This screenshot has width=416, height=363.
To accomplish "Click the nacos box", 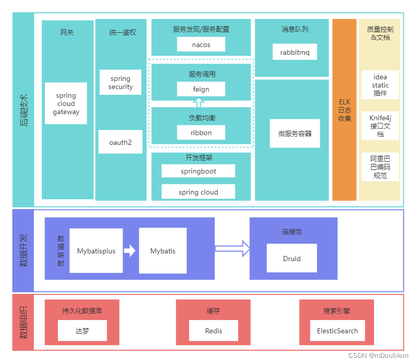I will click(x=201, y=45).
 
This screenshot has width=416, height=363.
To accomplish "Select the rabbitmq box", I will click(x=295, y=52).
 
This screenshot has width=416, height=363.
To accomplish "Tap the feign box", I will click(x=201, y=89).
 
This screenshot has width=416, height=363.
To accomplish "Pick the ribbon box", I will click(x=201, y=132).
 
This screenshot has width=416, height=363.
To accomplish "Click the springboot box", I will click(x=198, y=171).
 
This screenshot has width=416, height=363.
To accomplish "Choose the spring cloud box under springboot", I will click(x=198, y=192).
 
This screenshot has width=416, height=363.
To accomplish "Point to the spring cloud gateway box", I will click(x=66, y=103).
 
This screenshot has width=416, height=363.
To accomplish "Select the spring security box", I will click(x=120, y=82).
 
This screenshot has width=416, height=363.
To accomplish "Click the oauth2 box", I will click(x=120, y=142).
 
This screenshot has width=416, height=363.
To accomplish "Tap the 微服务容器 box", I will click(x=291, y=134).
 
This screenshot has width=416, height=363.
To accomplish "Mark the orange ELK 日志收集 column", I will click(x=344, y=110).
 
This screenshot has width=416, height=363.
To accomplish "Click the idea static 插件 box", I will click(x=380, y=86).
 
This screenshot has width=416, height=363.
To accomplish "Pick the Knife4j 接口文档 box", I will click(x=380, y=125).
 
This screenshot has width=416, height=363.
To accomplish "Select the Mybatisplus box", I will click(x=96, y=251).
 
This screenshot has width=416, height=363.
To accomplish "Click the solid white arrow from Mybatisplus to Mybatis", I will click(x=130, y=251).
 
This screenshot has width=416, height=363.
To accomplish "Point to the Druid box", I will click(x=292, y=258).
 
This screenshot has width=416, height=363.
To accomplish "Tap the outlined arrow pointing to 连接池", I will click(x=232, y=249).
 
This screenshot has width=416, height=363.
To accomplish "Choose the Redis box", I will click(x=214, y=331).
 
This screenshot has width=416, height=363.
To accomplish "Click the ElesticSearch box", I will click(x=338, y=331).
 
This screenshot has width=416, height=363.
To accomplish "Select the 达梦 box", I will click(x=82, y=331).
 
